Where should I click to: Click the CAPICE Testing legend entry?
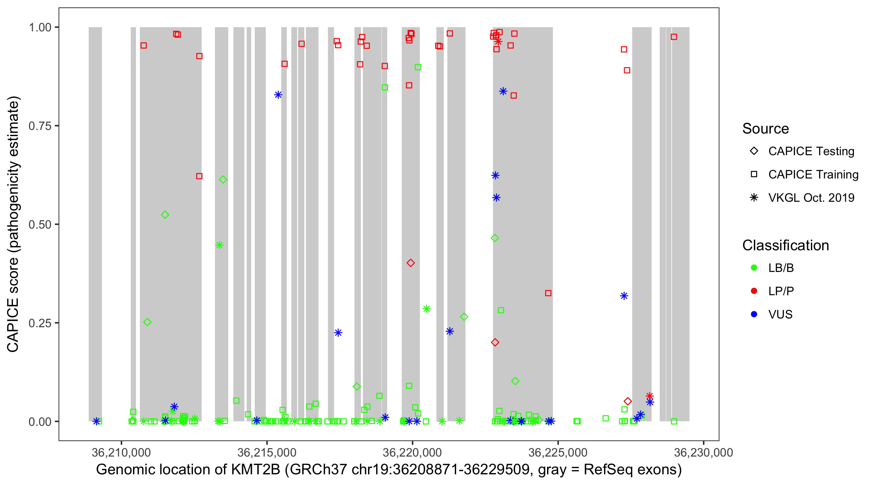811,151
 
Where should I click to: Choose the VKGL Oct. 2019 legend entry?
811,198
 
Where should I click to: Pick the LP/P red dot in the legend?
754,291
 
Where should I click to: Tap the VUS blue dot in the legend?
754,314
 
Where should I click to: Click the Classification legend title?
785,245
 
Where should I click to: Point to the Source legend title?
765,129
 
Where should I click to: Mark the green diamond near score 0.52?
165,215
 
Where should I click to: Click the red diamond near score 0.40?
410,263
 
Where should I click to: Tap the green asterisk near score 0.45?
219,245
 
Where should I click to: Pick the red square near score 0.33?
548,293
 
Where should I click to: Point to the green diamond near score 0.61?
223,180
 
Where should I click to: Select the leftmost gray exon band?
95,224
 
